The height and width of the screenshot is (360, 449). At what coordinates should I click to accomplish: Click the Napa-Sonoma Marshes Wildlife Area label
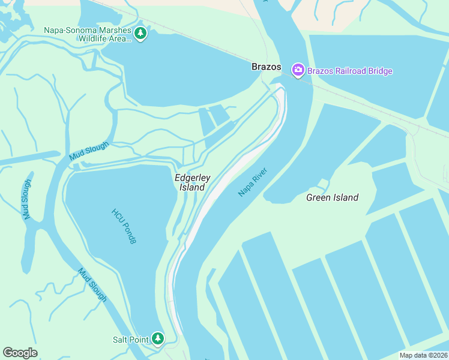[88, 35]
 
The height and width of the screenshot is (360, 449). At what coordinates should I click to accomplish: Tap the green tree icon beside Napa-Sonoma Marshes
[140, 33]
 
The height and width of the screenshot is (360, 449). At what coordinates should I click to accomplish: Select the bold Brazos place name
[266, 67]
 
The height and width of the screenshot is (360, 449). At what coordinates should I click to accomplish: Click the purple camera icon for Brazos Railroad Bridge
[298, 71]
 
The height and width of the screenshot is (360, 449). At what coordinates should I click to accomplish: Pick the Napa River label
[252, 182]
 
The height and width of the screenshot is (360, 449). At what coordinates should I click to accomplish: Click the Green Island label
[332, 197]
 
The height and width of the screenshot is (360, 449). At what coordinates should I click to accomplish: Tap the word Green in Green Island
[318, 197]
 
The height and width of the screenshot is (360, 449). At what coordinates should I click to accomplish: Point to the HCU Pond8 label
[124, 226]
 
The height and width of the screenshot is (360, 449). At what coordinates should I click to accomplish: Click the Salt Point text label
[130, 340]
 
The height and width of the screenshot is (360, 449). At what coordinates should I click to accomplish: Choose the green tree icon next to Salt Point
[157, 340]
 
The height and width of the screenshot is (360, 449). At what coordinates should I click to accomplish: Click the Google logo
[20, 353]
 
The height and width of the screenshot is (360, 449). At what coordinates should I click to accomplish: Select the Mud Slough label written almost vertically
[27, 200]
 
